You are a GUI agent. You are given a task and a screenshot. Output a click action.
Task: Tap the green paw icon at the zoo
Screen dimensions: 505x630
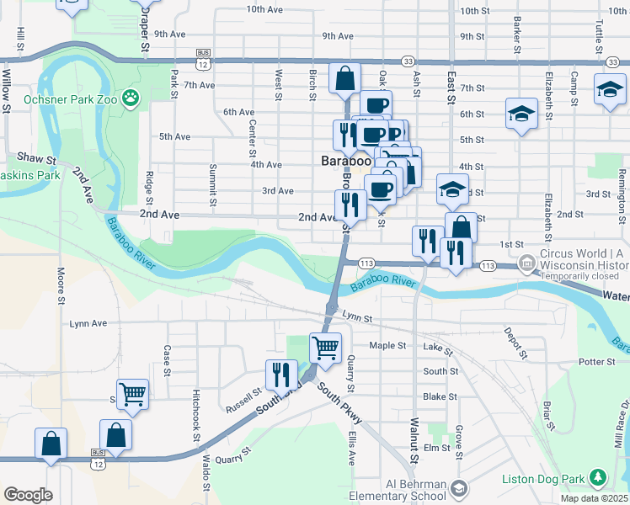(131, 98)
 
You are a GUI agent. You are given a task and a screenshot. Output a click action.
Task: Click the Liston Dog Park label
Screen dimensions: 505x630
(542, 479)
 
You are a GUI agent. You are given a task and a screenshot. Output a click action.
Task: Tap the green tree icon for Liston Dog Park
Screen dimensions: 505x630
(598, 478)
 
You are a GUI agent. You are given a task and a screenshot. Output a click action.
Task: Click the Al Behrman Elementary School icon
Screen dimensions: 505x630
(459, 488)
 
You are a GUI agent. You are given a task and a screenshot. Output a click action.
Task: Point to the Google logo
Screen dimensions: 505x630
(28, 495)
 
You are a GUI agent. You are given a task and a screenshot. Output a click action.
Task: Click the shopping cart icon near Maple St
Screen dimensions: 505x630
(325, 346)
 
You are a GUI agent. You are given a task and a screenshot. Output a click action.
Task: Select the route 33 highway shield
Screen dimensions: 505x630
(408, 61)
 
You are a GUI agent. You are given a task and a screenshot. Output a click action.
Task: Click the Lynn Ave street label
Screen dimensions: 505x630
(88, 323)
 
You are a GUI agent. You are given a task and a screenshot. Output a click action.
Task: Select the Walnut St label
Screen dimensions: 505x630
(414, 442)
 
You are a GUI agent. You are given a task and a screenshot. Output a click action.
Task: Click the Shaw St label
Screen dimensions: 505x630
(36, 158)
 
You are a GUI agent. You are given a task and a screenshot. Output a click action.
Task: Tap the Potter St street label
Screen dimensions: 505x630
(598, 361)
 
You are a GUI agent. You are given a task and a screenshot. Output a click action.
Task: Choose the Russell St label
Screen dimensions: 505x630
(243, 400)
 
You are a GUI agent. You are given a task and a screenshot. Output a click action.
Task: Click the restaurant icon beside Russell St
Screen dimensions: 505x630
(280, 375)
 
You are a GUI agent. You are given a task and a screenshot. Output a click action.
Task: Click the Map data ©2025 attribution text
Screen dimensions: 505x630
(595, 498)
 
